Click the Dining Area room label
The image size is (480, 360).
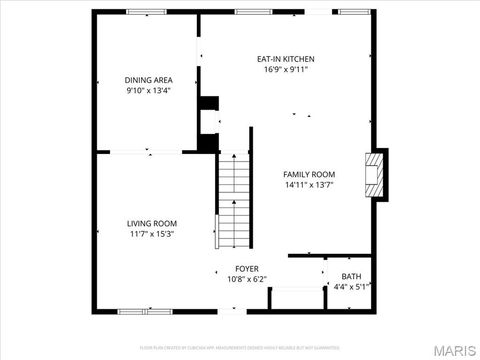(x=148, y=79)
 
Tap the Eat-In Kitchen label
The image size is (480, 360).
(x=285, y=59)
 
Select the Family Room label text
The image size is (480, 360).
(x=309, y=174)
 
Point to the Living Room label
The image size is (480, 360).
(x=151, y=223)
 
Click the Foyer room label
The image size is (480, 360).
(x=247, y=269)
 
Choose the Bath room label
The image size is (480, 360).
(x=351, y=276)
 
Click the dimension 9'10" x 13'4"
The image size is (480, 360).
(x=148, y=90)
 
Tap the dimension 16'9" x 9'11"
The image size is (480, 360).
(x=285, y=70)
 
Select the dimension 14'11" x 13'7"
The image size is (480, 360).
(x=309, y=185)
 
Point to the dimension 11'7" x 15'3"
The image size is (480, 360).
(x=151, y=234)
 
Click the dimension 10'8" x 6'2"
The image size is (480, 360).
(x=247, y=279)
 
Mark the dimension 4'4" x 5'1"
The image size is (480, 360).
(x=351, y=287)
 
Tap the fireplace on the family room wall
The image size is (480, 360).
(x=375, y=174)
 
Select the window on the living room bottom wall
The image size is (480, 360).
(x=139, y=311)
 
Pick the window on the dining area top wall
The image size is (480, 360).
(x=146, y=11)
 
